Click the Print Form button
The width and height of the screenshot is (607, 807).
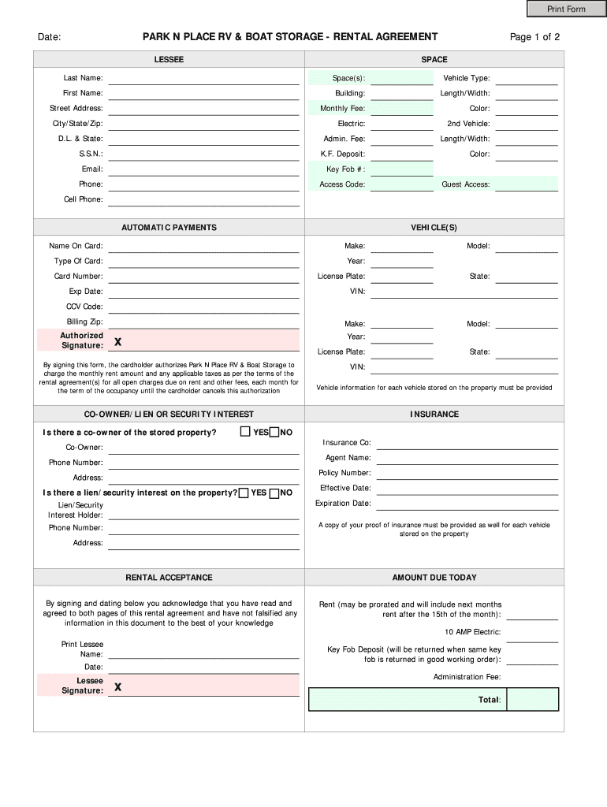pyautogui.click(x=567, y=9)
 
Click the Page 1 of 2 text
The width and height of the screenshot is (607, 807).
pyautogui.click(x=534, y=37)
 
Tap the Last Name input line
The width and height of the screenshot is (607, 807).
pyautogui.click(x=204, y=78)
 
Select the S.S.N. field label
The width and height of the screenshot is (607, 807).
pyautogui.click(x=91, y=154)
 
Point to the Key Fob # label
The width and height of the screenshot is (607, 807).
pyautogui.click(x=345, y=169)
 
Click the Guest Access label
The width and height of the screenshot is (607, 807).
pyautogui.click(x=466, y=184)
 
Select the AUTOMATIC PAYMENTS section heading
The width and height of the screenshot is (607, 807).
pyautogui.click(x=169, y=228)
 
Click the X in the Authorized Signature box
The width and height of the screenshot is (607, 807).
pyautogui.click(x=117, y=342)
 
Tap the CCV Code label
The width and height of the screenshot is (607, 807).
pyautogui.click(x=84, y=307)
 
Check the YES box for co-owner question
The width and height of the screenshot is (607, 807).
pyautogui.click(x=245, y=432)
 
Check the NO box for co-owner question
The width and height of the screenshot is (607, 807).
pyautogui.click(x=274, y=432)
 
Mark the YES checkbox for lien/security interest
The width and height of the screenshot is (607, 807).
pyautogui.click(x=244, y=493)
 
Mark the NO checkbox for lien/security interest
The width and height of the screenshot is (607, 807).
pyautogui.click(x=274, y=493)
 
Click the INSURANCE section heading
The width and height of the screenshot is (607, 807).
pyautogui.click(x=434, y=415)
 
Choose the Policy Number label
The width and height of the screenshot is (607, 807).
pyautogui.click(x=344, y=473)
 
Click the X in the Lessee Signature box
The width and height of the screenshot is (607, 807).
pyautogui.click(x=117, y=687)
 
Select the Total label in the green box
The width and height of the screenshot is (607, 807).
pyautogui.click(x=489, y=700)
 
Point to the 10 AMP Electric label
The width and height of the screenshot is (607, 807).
pyautogui.click(x=472, y=632)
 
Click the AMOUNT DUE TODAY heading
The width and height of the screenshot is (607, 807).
pyautogui.click(x=434, y=578)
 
